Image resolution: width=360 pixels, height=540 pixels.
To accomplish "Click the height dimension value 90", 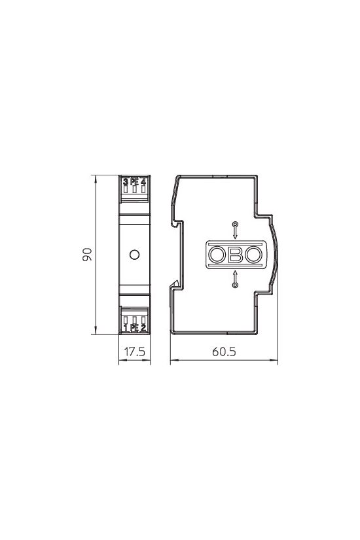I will [x=86, y=255].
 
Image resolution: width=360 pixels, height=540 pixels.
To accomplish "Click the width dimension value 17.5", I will [x=134, y=351].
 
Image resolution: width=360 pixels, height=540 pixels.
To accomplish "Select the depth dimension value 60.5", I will [x=224, y=351].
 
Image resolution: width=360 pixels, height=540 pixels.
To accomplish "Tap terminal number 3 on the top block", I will [x=125, y=181].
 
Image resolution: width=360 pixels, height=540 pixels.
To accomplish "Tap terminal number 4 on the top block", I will [x=143, y=181].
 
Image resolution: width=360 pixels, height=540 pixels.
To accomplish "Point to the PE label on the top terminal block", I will [x=134, y=181].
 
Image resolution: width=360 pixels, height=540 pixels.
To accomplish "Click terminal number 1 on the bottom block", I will [x=125, y=327].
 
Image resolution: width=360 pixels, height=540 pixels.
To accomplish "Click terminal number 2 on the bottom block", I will [x=143, y=327].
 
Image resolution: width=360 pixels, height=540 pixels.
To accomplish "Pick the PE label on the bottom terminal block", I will [x=134, y=327].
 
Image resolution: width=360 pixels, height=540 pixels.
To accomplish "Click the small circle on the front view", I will [x=134, y=254].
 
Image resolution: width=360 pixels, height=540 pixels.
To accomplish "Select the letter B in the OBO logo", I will [x=236, y=255].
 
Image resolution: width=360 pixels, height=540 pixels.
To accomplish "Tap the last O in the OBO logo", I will [x=253, y=255].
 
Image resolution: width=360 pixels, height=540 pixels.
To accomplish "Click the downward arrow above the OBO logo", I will [x=236, y=230].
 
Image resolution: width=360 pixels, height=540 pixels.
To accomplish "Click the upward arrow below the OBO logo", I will [x=236, y=279].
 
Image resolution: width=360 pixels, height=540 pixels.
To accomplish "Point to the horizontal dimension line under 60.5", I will [x=224, y=361].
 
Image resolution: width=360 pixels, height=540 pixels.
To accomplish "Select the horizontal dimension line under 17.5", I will [x=134, y=361].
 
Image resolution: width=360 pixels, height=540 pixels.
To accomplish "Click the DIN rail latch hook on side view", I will [x=176, y=284].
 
